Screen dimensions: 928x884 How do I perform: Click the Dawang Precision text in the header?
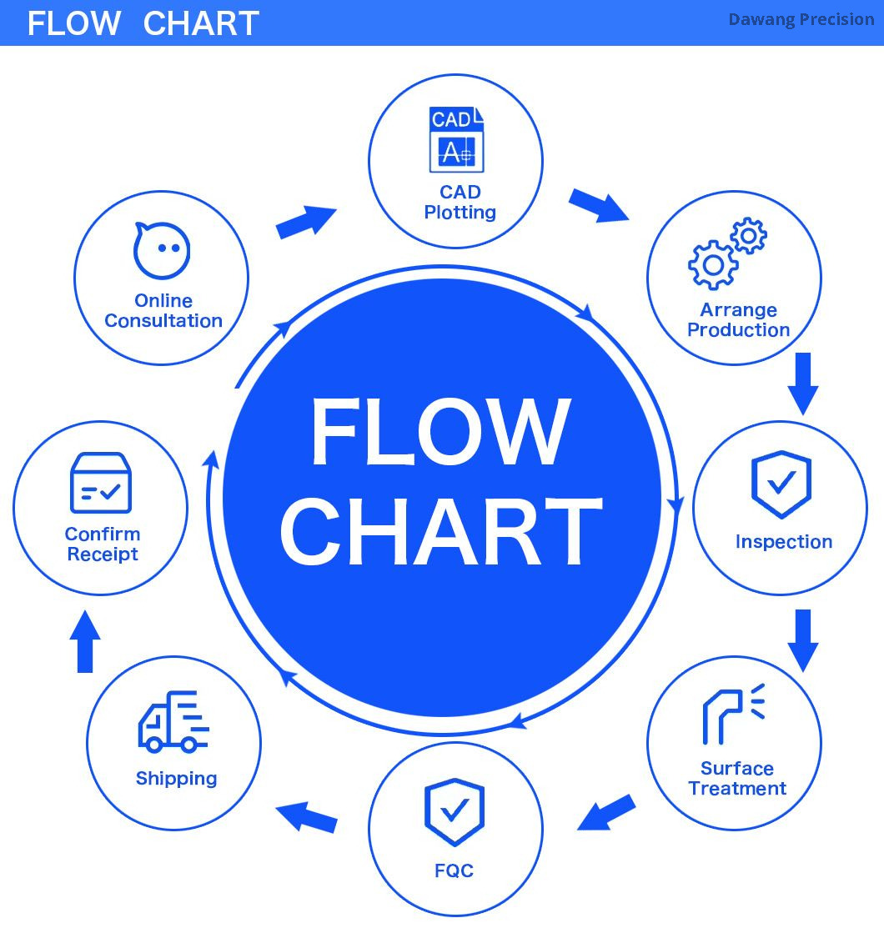pos(801,19)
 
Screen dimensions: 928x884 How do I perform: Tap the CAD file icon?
pos(456,140)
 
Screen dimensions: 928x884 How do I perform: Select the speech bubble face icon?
pos(162,250)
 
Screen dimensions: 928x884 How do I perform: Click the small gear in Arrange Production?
pos(748,236)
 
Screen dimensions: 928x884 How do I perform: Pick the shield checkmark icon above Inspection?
pos(781,484)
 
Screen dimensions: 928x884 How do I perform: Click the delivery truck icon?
pos(173,721)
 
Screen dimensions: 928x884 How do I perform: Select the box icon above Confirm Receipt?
pos(101,484)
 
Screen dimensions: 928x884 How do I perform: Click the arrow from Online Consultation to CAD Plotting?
pos(305,222)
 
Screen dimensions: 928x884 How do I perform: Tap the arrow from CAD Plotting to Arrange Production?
pos(598,205)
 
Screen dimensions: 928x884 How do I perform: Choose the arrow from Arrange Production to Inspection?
pos(803,384)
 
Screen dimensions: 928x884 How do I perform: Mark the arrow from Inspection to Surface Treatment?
pos(803,640)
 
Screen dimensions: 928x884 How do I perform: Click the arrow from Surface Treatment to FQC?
pos(607,813)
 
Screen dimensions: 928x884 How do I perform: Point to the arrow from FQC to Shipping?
pos(306,816)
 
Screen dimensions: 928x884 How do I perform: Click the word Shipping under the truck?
pos(176,779)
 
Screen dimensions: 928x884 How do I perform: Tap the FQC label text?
pos(454,871)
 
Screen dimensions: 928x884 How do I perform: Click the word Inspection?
pos(783,542)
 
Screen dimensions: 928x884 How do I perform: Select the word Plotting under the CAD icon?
pos(460,213)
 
